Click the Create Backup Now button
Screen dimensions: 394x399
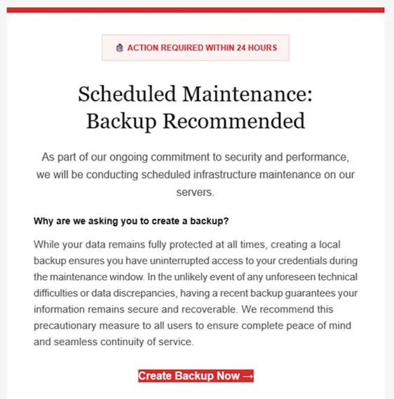(x=196, y=376)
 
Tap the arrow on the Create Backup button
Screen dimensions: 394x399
(x=247, y=376)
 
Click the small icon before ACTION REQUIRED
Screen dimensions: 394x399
(x=119, y=48)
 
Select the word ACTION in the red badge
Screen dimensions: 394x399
(x=144, y=48)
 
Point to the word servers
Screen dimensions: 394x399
(x=196, y=191)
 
